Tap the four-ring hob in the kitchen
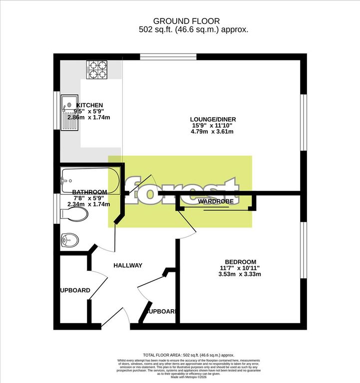click(98, 69)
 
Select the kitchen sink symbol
click(69, 113)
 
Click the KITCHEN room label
click(90, 105)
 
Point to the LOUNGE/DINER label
click(213, 119)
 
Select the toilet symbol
click(73, 214)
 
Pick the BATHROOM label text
click(90, 192)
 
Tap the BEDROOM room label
click(240, 262)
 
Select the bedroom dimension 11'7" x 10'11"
click(240, 268)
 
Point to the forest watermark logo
click(181, 191)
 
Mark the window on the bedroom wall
click(302, 249)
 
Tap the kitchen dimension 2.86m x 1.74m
click(92, 117)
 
